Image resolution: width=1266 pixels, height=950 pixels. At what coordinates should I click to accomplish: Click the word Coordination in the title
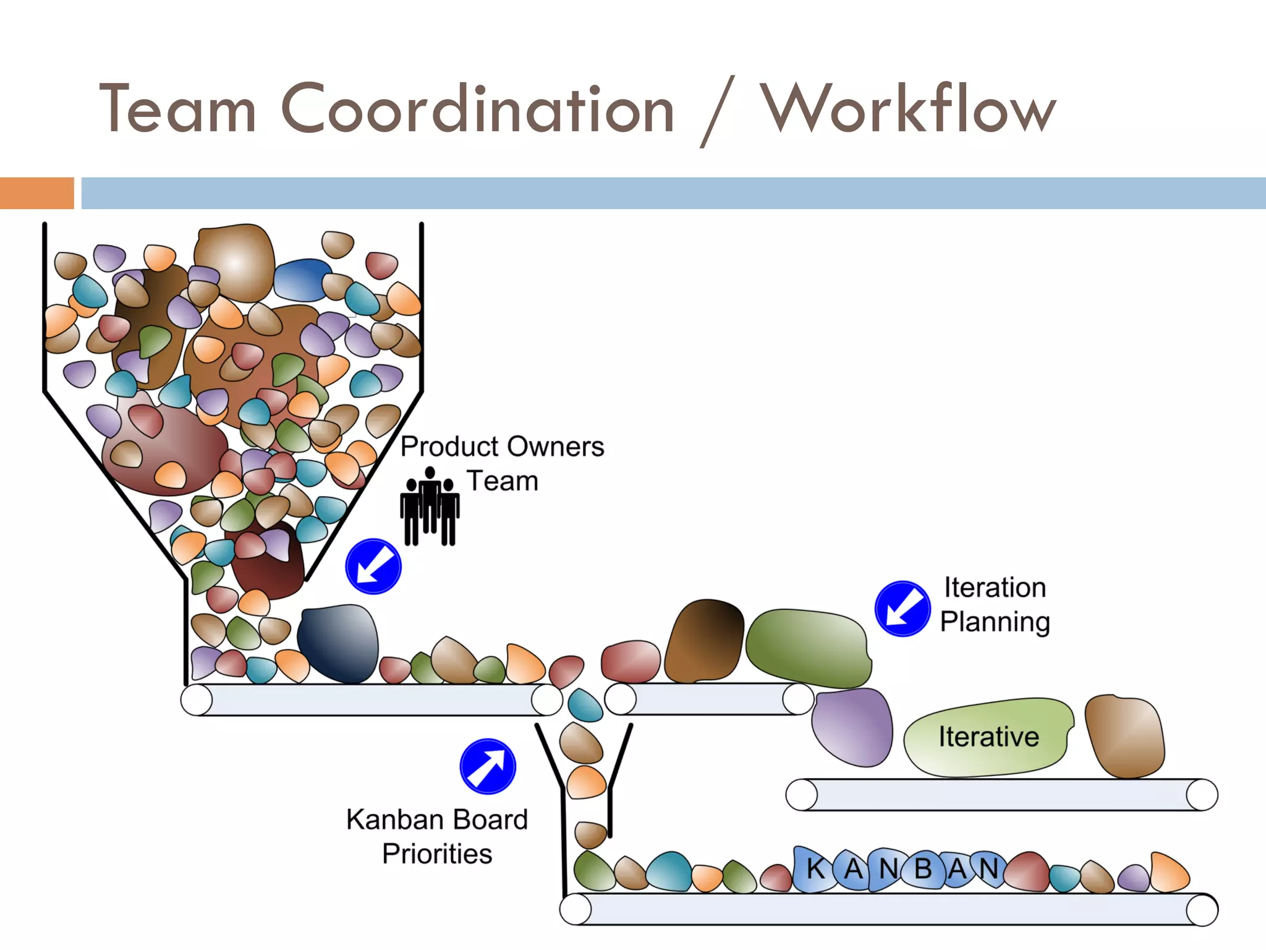477,110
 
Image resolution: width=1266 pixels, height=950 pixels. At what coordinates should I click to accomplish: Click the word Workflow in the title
907,110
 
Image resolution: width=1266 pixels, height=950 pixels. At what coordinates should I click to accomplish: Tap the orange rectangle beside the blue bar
36,193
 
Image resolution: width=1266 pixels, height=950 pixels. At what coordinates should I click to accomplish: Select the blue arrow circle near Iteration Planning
902,609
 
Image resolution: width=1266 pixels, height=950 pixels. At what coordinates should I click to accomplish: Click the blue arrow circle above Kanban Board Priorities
488,766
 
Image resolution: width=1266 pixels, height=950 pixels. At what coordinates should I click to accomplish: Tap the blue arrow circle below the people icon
373,567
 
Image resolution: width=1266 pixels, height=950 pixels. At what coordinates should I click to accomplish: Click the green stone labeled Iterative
988,737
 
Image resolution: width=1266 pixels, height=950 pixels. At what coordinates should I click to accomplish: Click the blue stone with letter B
923,869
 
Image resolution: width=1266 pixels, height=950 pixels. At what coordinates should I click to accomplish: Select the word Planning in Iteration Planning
995,622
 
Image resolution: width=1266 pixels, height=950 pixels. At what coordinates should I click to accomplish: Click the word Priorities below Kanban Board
437,854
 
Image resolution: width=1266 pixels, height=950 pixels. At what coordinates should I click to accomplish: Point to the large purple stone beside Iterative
852,726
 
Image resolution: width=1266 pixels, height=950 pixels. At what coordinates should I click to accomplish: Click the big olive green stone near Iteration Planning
809,648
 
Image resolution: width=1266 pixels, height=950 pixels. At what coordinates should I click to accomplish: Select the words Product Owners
502,447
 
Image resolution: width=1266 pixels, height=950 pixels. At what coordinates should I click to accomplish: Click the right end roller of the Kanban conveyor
1202,910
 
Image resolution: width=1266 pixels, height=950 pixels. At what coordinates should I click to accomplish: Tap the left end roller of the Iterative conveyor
802,795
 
